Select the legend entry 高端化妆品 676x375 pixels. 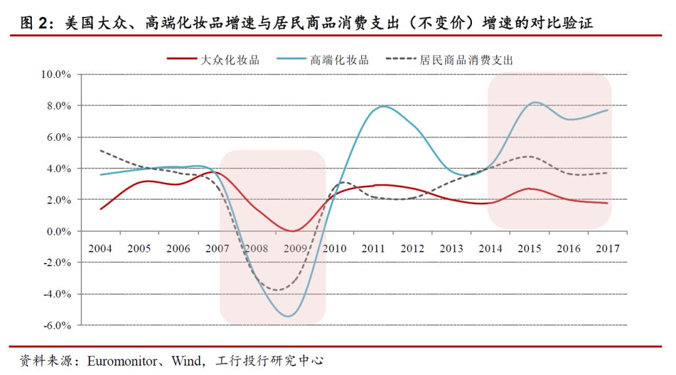[339, 60]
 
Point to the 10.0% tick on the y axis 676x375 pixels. [56, 74]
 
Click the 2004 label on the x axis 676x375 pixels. [100, 249]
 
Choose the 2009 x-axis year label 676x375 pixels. [295, 249]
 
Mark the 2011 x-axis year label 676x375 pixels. [374, 249]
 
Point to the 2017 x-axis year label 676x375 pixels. [607, 249]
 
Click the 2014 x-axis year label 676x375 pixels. [491, 249]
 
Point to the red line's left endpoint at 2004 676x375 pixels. [100, 209]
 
